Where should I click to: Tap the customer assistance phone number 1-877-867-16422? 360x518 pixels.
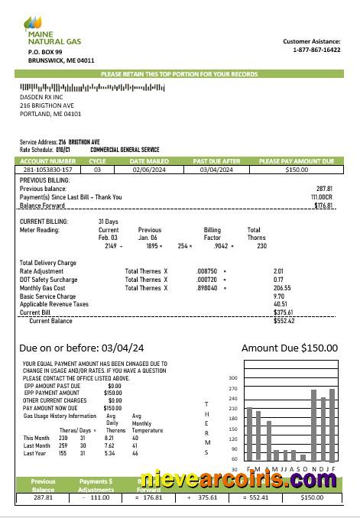316,50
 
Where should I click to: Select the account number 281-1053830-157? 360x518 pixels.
47,170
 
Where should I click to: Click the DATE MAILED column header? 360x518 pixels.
150,161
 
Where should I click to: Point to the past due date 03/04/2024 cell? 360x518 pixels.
216,170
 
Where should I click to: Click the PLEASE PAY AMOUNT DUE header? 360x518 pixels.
297,161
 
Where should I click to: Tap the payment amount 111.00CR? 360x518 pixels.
321,196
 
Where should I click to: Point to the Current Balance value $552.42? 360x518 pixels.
284,321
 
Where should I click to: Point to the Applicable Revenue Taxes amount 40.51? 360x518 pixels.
281,304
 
